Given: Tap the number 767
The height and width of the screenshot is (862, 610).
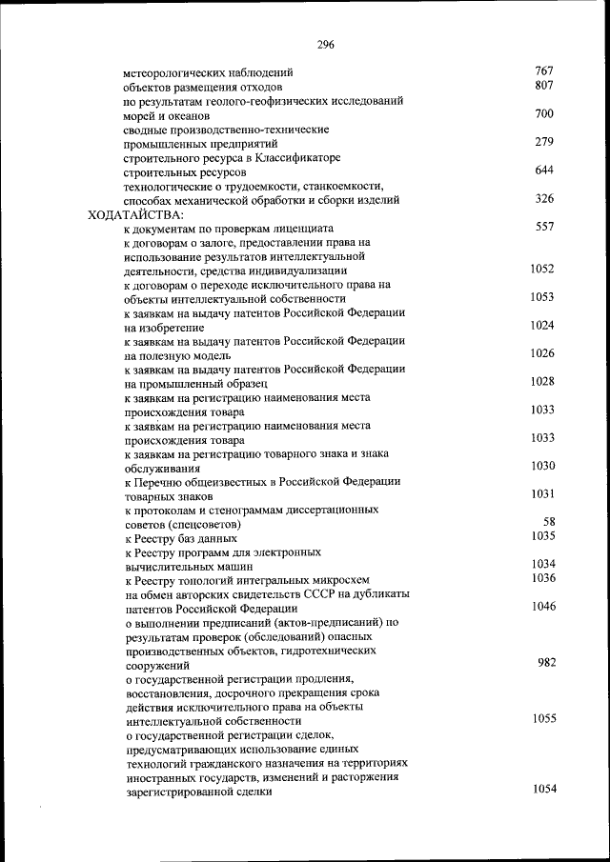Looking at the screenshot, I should point(544,71).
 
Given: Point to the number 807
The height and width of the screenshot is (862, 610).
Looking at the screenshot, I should point(544,86).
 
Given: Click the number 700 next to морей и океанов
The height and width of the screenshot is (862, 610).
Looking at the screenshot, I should point(544,114).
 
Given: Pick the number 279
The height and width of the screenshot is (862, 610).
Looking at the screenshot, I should point(544,143).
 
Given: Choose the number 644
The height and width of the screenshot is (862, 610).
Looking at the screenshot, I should point(544,171).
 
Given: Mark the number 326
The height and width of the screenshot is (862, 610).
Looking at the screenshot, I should point(544,199).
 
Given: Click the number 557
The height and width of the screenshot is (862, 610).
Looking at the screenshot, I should point(544,228).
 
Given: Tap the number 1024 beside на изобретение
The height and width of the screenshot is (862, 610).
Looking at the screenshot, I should point(542,326).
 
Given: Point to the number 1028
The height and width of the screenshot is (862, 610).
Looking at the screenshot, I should point(542,381).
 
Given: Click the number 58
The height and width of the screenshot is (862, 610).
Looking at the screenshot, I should point(549,522).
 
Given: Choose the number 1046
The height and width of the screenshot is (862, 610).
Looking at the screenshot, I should point(543,607).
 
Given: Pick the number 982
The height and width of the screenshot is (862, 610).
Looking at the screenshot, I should point(546,663).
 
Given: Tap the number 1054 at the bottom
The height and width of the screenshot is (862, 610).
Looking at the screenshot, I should point(543,790).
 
